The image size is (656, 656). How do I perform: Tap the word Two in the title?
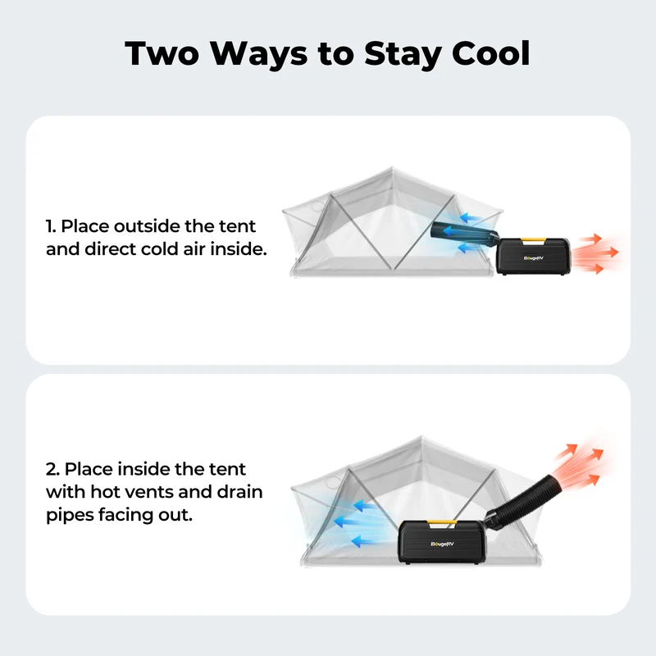(162, 53)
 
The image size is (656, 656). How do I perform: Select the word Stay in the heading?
(403, 54)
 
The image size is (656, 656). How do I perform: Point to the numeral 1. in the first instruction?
(51, 226)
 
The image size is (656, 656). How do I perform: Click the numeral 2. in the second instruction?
(52, 469)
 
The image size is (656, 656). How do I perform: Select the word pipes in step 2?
(70, 516)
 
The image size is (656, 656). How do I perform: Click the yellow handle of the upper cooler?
(533, 240)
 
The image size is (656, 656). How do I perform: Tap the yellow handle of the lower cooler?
(442, 522)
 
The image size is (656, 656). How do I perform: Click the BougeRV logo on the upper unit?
(534, 258)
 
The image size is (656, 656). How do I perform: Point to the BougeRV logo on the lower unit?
(442, 544)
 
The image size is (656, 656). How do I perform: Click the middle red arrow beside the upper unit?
(596, 253)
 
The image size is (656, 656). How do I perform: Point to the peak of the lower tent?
(421, 437)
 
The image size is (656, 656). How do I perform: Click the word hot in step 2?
(105, 492)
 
